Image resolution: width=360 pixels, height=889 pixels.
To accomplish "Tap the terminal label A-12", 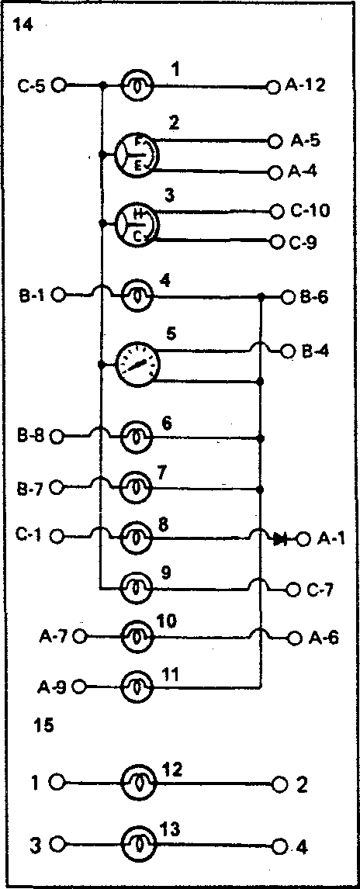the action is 304,86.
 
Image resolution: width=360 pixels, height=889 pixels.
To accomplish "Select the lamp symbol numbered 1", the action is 137,86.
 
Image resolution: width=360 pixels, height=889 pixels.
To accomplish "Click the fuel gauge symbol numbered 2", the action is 136,154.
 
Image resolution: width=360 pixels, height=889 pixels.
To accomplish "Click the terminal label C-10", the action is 310,211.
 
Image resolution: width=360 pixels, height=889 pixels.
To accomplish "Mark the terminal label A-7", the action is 54,637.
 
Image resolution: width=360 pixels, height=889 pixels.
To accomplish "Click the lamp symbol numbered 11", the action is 137,686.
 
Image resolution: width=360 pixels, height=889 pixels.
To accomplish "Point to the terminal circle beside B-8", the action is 57,437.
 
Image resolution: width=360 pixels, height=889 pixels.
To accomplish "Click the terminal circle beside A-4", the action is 275,171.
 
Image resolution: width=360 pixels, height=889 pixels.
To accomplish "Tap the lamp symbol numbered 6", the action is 137,438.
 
